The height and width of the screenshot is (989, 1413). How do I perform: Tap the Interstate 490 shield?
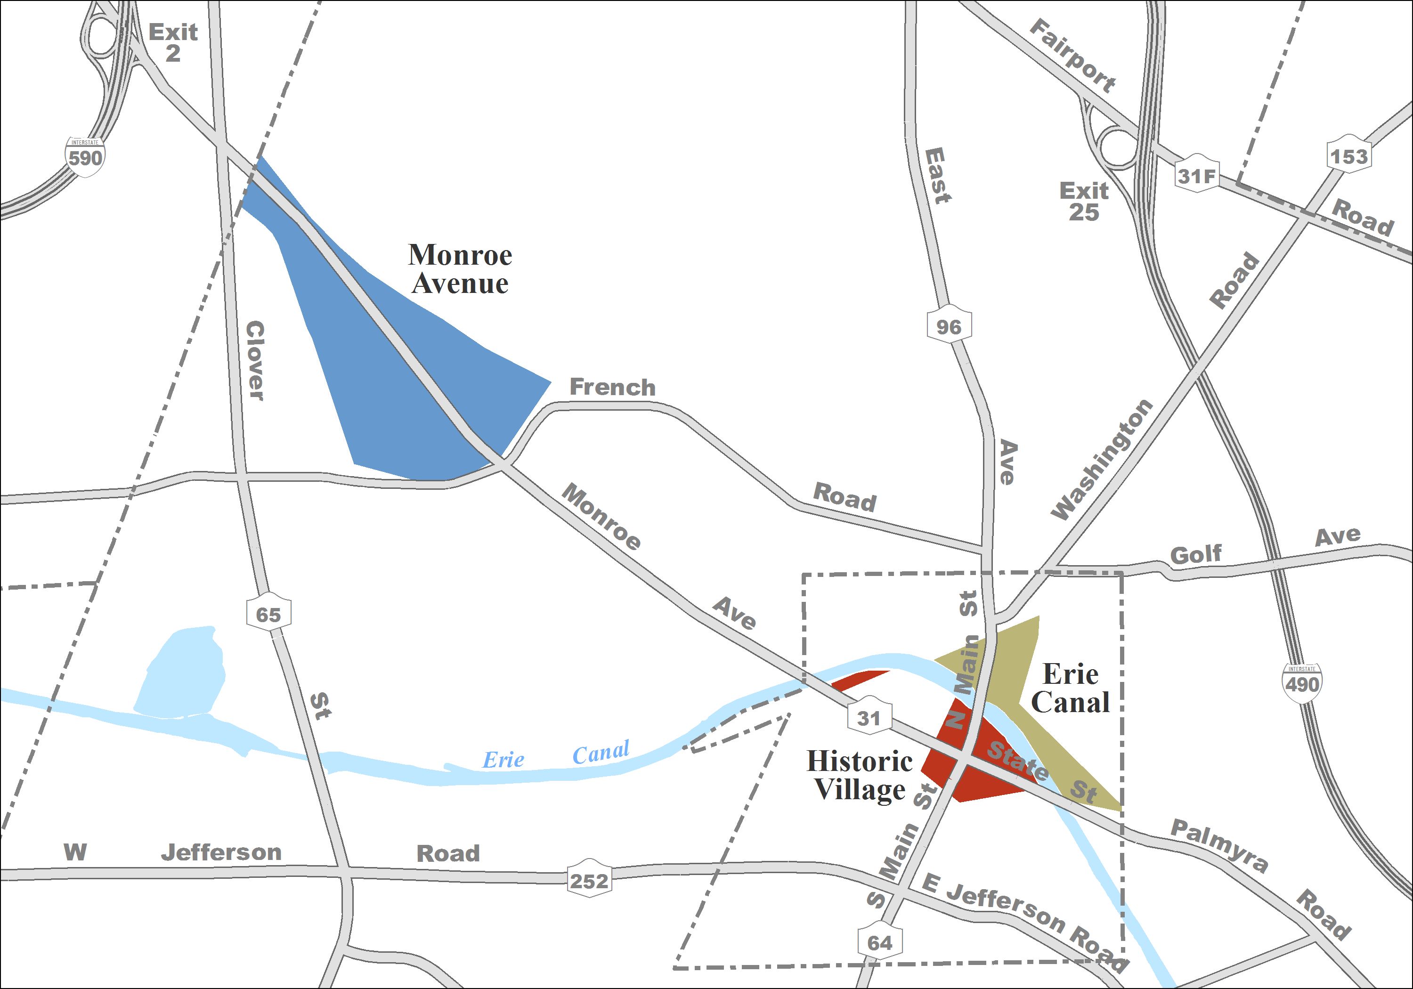(1302, 682)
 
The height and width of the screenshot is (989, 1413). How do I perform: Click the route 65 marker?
(268, 614)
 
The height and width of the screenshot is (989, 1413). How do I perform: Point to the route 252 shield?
(589, 880)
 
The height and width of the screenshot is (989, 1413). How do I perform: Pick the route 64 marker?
(879, 941)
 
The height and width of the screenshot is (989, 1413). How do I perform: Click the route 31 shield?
(869, 717)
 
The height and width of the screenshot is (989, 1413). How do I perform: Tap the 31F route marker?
(1196, 175)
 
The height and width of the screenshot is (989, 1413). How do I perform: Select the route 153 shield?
(1348, 155)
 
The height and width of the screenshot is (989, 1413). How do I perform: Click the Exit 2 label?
(173, 42)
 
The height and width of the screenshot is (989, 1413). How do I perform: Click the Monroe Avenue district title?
(460, 269)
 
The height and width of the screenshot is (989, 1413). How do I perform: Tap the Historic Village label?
(860, 775)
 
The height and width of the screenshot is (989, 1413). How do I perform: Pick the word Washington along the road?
(1102, 459)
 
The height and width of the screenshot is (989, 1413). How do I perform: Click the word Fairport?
(1072, 56)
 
